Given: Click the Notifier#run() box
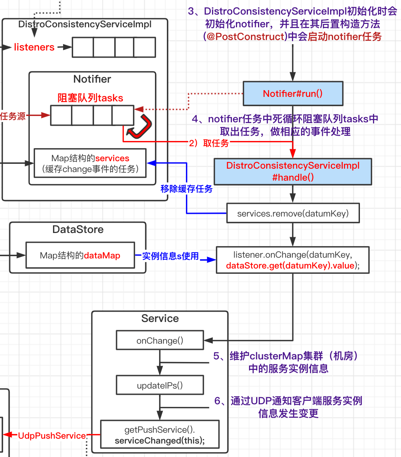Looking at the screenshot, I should pos(293,93).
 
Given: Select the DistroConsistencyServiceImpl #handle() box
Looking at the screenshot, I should pos(293,172).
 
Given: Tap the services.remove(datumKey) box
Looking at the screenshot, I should pos(293,213).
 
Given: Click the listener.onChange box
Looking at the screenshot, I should pos(293,260).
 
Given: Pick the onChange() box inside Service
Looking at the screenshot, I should pos(160,340).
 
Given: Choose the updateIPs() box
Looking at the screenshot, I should pos(160,385).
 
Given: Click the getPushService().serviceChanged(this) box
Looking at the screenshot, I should pos(160,435).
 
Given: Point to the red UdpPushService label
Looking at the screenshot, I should pos(52,436).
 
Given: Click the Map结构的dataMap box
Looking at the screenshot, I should pos(80,255).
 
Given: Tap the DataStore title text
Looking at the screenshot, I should pos(78,229).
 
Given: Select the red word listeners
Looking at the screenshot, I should pos(34,47).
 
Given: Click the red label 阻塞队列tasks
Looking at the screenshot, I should pos(90,98).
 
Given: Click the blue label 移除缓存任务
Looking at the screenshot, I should pos(186,189).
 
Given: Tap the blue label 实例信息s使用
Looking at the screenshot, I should pos(170,256).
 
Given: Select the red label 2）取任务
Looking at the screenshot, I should pos(209,143).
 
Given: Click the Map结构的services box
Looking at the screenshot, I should pos(90,163).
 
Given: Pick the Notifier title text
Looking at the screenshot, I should pos(92,79).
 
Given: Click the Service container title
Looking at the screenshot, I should pos(160,318).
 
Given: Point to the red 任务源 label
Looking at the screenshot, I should pos(13,116).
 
